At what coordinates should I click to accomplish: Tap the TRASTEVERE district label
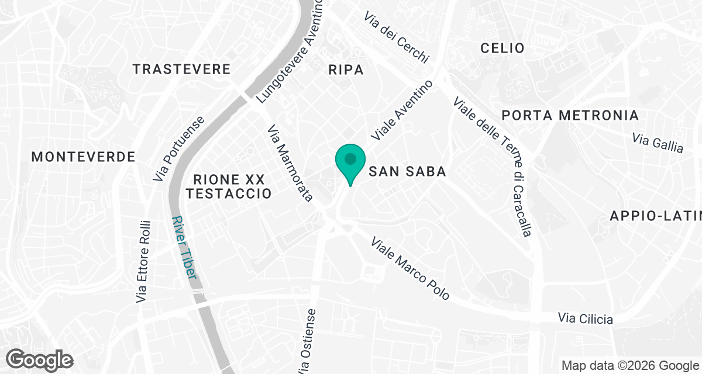point(181,70)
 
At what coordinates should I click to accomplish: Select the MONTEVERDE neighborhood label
point(83,157)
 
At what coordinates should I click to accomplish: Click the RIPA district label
point(346,70)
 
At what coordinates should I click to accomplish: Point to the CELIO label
point(502,48)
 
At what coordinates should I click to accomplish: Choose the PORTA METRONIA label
point(570,115)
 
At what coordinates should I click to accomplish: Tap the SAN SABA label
point(408,172)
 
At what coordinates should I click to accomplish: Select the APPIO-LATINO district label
point(655,216)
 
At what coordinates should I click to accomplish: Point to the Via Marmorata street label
point(289,163)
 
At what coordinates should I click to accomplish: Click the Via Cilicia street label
point(586,318)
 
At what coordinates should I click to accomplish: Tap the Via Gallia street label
point(658,142)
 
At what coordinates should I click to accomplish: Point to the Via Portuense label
point(178,148)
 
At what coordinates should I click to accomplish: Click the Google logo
point(40,359)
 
